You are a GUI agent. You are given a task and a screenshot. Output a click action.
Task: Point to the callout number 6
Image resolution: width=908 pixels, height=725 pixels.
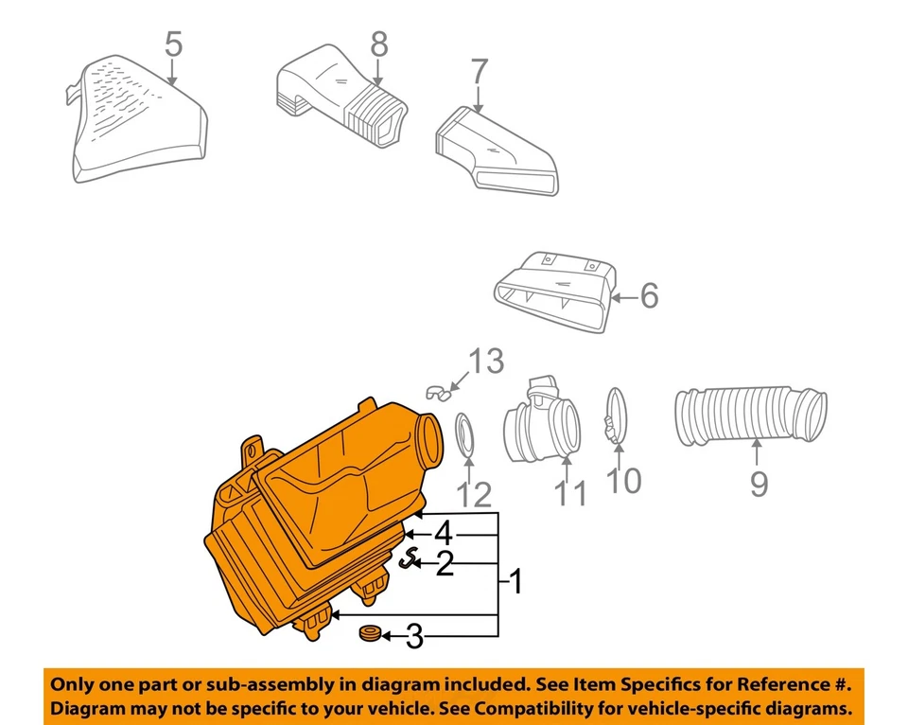coord(648,296)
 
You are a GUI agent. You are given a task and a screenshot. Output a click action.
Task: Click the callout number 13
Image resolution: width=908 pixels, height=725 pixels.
coord(487,362)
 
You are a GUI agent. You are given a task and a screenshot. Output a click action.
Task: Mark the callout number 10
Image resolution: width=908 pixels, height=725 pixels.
coord(623,480)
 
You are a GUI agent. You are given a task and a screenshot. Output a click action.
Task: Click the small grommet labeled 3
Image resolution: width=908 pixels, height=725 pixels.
coord(368,632)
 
